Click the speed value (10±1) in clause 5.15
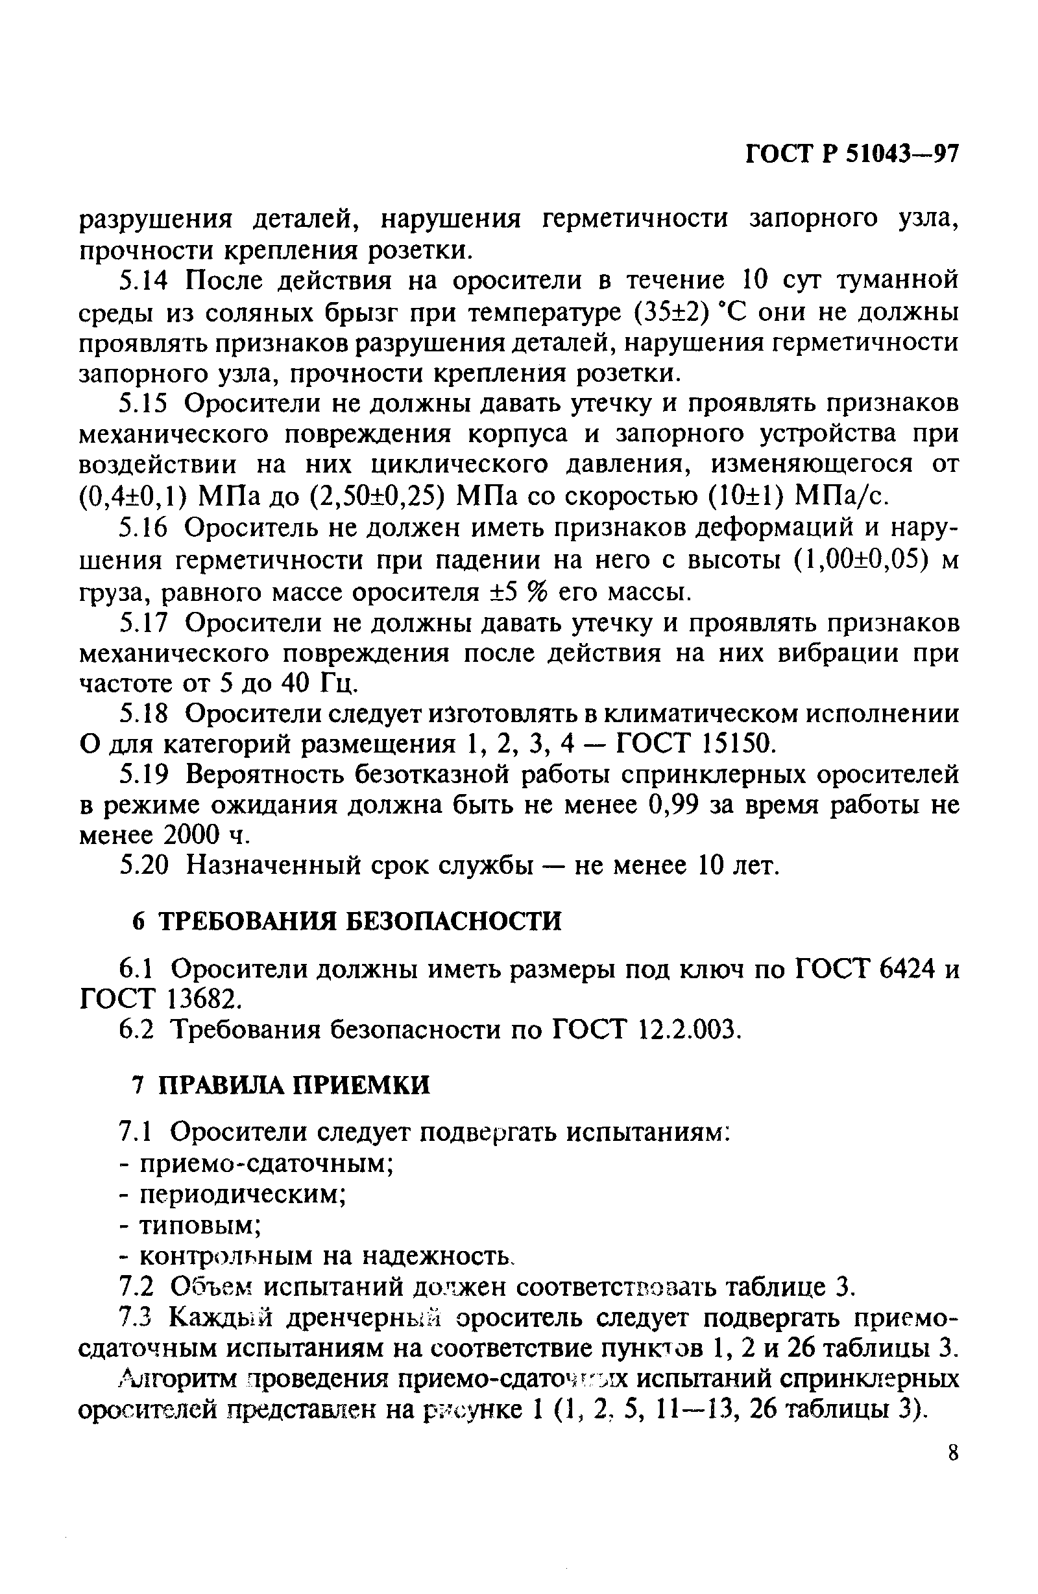tap(746, 496)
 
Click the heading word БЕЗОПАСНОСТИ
tap(453, 922)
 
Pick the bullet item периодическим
tap(242, 1193)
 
